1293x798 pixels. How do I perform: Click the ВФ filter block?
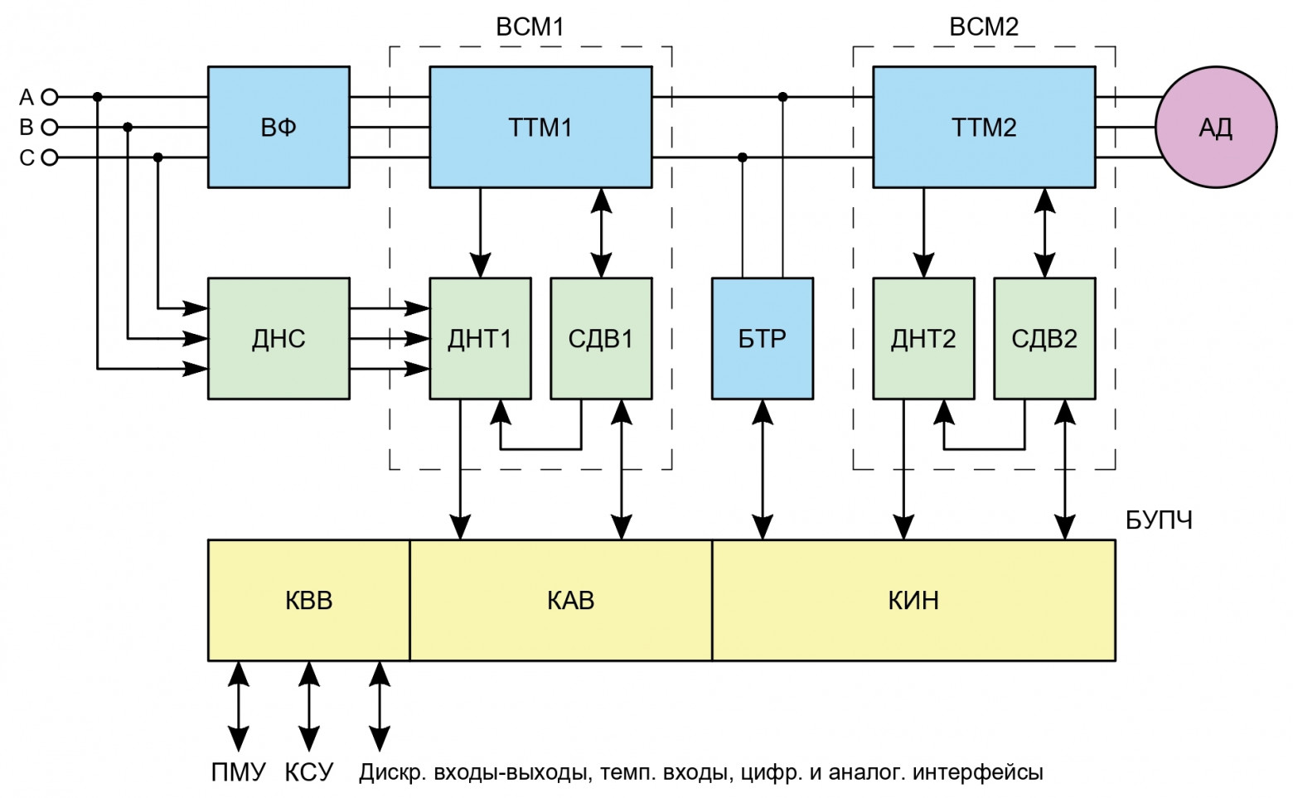[278, 127]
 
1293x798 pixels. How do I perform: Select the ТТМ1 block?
[540, 127]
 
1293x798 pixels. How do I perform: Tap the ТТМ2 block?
[984, 127]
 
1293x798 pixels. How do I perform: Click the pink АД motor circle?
[1216, 127]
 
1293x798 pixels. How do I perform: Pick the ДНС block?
[278, 338]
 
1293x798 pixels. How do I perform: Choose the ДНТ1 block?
[480, 338]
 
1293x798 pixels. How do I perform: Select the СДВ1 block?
[601, 338]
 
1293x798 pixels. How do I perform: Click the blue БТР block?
[763, 338]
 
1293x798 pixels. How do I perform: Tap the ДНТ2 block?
[923, 338]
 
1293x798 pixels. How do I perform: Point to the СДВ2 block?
[1044, 338]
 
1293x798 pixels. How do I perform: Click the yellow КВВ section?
[309, 600]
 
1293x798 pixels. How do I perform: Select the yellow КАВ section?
[571, 600]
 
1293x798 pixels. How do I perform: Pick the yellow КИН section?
[913, 600]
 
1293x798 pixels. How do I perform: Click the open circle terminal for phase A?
[50, 97]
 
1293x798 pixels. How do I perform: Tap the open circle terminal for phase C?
[50, 157]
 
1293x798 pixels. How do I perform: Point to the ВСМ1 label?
[530, 27]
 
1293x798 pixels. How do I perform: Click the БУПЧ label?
[1159, 520]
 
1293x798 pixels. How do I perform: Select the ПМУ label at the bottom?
[238, 772]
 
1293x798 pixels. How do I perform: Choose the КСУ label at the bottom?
[309, 772]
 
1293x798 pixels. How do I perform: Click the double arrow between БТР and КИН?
[763, 470]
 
